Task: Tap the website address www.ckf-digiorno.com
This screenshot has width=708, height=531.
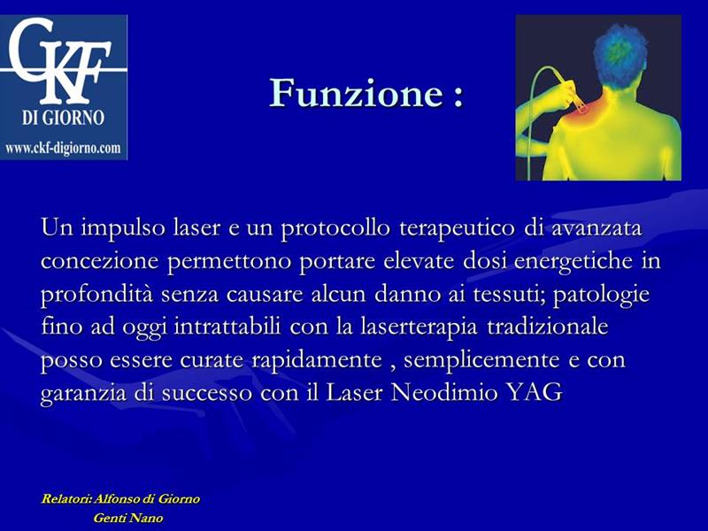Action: tap(63, 148)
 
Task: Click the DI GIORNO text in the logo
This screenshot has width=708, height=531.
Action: tap(63, 118)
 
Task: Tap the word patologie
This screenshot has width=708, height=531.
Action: tap(602, 295)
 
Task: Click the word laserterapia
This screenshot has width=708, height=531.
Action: tap(419, 327)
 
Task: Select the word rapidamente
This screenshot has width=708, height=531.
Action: tap(317, 360)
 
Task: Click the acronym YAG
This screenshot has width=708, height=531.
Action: tap(535, 392)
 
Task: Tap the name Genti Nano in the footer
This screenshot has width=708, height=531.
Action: tap(127, 518)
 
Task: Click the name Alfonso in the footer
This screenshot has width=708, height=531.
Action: tap(117, 499)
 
